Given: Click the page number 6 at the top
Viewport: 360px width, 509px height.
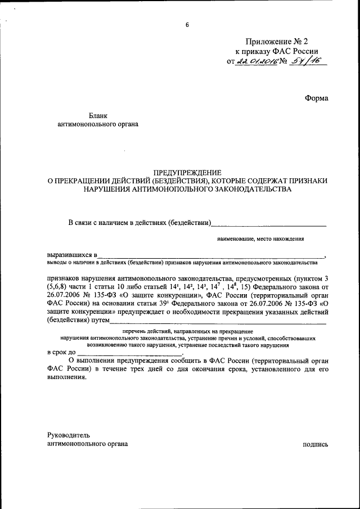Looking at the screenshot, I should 187,25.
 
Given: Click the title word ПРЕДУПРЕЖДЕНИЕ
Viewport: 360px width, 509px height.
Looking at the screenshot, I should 187,172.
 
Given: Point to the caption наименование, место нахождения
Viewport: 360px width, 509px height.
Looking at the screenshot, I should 261,238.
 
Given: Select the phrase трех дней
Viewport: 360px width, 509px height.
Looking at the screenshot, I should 172,369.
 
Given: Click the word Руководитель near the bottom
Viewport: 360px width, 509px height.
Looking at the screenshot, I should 68,435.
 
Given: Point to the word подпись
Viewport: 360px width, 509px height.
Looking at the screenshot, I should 315,444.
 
